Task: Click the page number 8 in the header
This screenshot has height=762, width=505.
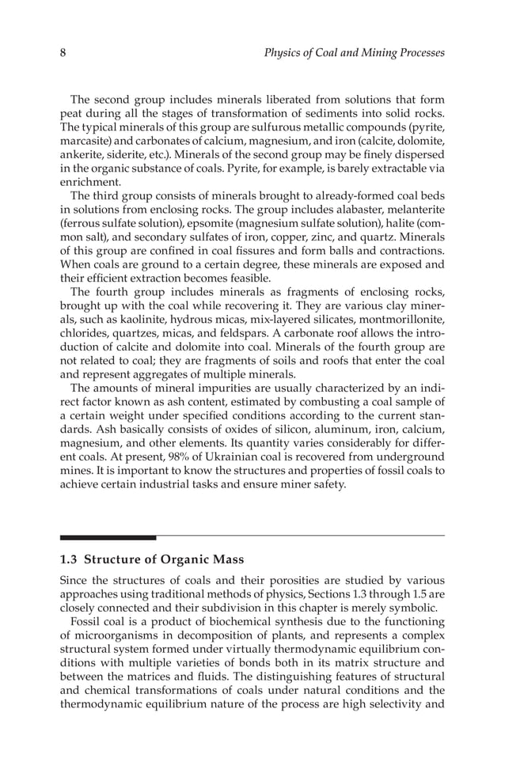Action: point(63,53)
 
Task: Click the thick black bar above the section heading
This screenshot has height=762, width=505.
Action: point(108,537)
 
